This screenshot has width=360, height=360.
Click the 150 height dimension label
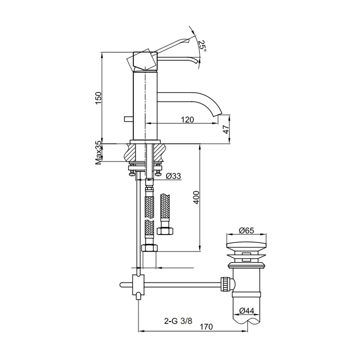[x=98, y=98]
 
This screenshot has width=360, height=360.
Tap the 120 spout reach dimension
[x=187, y=120]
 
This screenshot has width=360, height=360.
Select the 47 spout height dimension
[x=226, y=130]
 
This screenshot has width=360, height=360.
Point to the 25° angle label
[x=202, y=46]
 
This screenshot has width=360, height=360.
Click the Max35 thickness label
[x=98, y=153]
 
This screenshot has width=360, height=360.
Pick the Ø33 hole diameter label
[x=174, y=176]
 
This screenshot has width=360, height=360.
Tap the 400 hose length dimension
[x=196, y=197]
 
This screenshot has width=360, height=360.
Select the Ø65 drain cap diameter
[x=246, y=230]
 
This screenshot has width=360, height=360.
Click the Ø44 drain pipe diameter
[x=247, y=311]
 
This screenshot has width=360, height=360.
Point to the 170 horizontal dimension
[x=206, y=327]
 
